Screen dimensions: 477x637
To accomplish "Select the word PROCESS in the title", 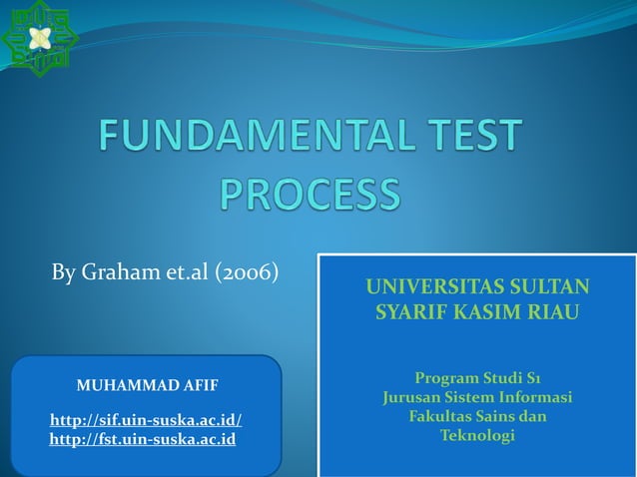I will [x=310, y=194].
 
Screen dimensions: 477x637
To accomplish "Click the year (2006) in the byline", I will [x=246, y=272].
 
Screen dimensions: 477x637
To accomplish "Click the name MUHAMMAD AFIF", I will [x=147, y=384].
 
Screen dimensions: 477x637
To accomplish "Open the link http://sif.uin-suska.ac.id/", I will [x=146, y=420].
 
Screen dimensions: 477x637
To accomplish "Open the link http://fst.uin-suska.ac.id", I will [x=143, y=439].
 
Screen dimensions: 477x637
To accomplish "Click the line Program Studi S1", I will [x=477, y=378].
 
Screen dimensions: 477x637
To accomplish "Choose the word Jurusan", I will [x=413, y=397].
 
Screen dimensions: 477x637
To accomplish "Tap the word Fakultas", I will [x=442, y=416].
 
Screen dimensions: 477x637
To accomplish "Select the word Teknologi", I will [x=477, y=436].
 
